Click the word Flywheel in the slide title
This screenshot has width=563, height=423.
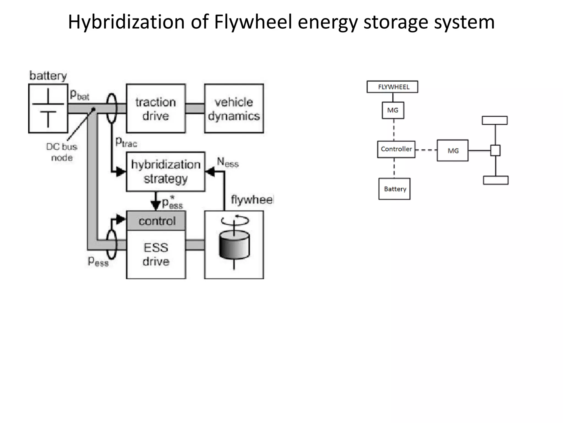253,22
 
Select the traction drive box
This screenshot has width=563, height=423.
156,109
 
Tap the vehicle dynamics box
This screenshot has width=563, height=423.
234,109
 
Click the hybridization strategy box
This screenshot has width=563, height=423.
165,172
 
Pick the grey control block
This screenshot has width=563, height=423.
156,221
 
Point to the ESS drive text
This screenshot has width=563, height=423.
156,254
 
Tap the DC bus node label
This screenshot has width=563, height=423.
62,152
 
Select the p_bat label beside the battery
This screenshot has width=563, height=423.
79,95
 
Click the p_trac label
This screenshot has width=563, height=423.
126,142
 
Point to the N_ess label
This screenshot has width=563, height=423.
228,162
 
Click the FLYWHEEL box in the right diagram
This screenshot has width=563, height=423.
392,87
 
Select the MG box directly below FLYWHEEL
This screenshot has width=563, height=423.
393,110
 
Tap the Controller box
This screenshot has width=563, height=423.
396,149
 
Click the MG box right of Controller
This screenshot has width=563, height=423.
452,151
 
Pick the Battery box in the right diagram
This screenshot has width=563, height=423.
394,189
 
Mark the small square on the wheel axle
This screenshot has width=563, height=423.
495,151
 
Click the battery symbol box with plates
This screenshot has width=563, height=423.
48,109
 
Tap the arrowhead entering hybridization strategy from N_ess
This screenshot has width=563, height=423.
210,172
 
